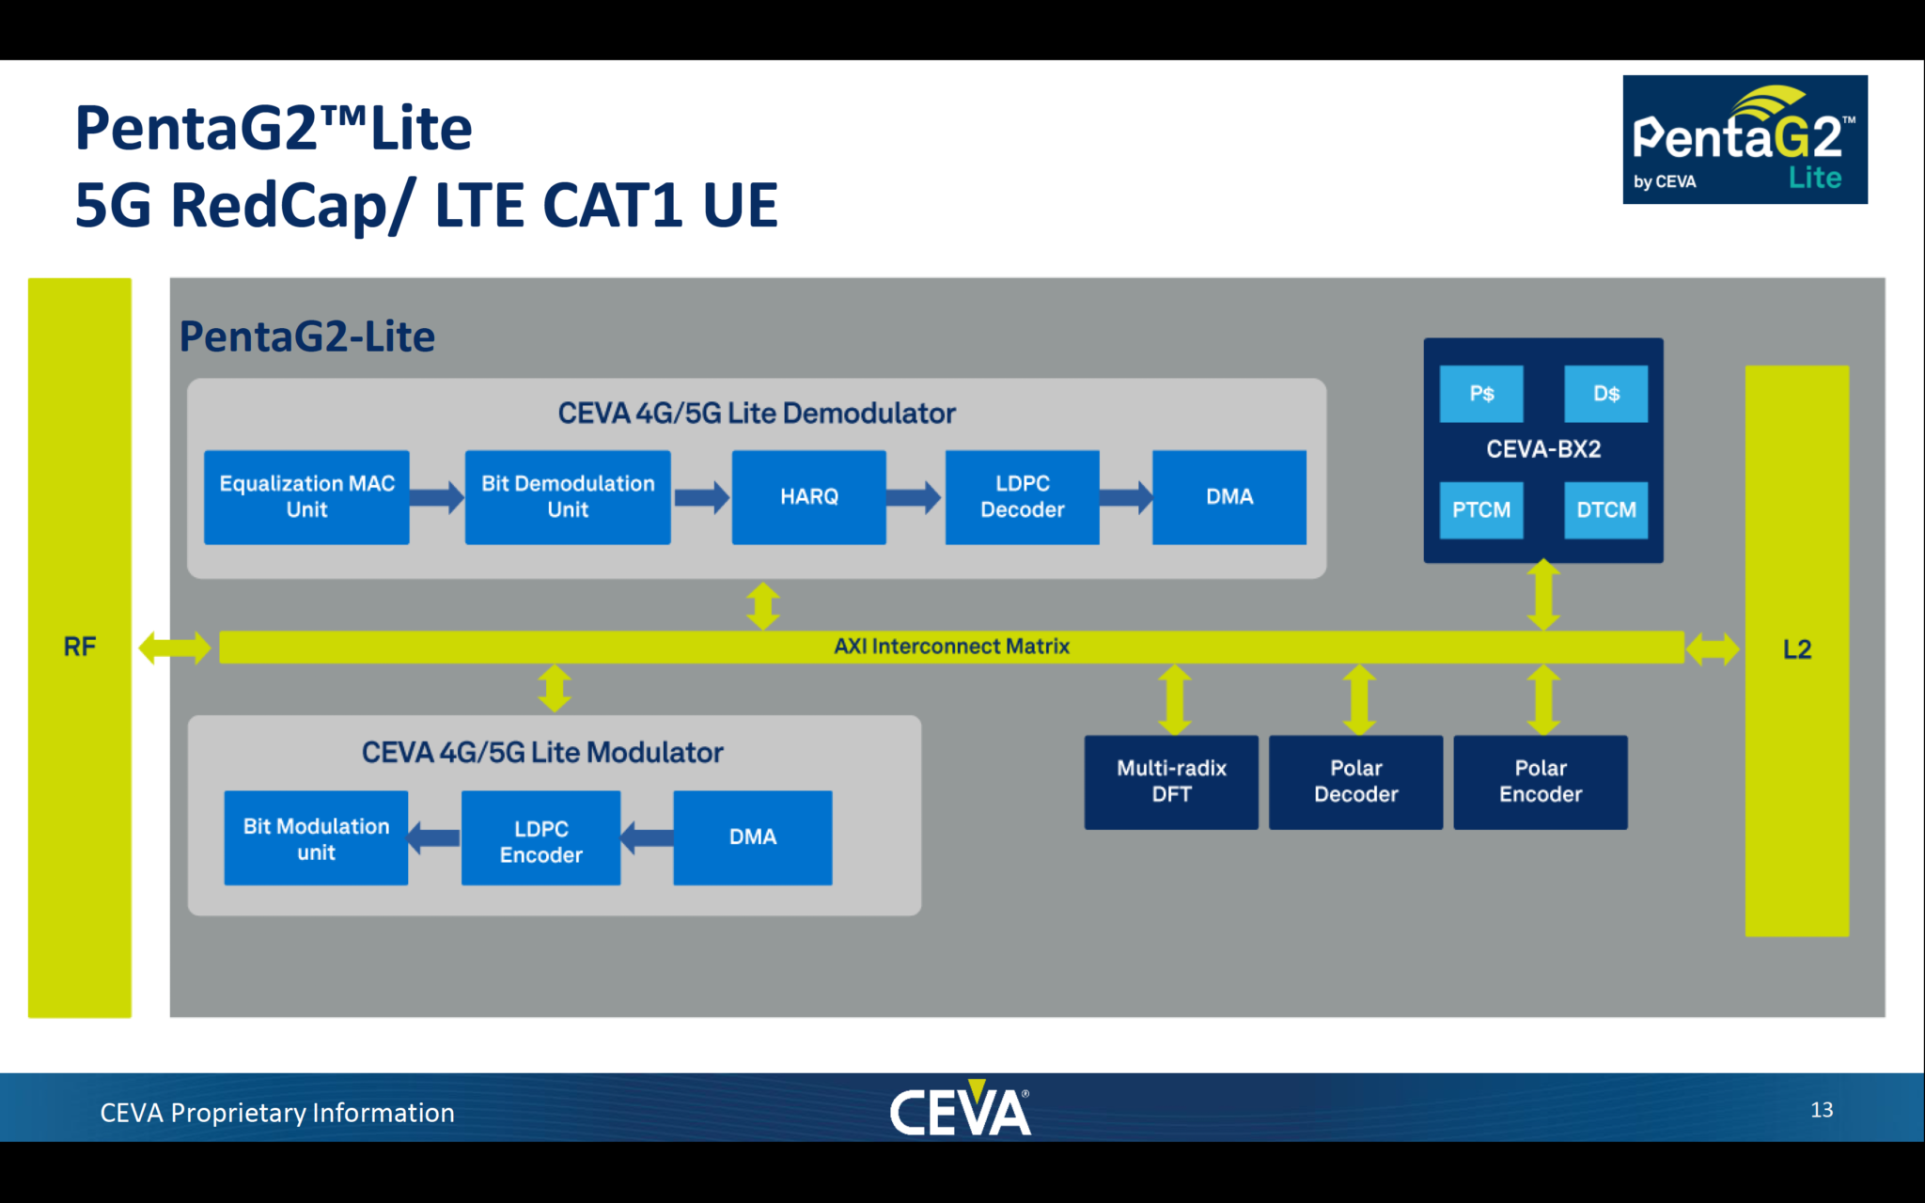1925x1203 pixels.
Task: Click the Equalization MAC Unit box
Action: click(x=306, y=497)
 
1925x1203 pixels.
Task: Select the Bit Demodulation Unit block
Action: click(x=568, y=497)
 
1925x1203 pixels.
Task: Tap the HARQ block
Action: click(x=808, y=497)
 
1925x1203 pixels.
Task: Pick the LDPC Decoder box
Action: click(x=1022, y=497)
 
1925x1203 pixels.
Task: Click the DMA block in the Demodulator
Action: click(x=1229, y=497)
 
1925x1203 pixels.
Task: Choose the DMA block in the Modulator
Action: click(x=752, y=837)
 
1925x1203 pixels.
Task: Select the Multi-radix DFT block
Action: click(x=1171, y=782)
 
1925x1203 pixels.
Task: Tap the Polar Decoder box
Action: click(x=1355, y=782)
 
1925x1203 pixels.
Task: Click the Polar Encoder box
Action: click(x=1540, y=782)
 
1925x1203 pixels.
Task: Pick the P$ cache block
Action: click(x=1481, y=394)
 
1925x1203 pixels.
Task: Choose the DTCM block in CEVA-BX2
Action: click(x=1605, y=510)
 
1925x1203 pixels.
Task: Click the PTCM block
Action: click(x=1481, y=510)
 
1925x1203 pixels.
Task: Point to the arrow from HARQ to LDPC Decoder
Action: click(x=914, y=497)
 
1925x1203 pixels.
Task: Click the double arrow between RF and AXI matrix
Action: click(x=175, y=648)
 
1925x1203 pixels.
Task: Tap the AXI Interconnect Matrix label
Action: click(x=951, y=647)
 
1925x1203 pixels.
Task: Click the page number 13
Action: click(x=1821, y=1110)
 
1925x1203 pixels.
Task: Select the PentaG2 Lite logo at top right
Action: click(x=1745, y=140)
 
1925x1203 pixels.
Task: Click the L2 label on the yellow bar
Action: click(x=1796, y=649)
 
